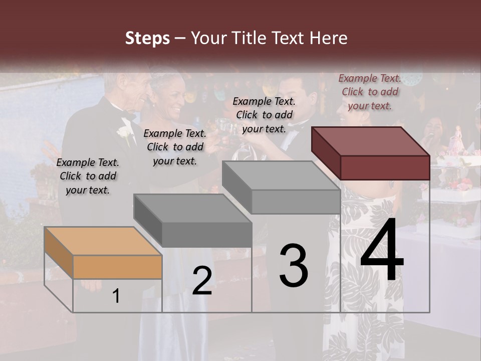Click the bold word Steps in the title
click(147, 38)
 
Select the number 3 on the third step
click(294, 265)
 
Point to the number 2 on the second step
click(202, 281)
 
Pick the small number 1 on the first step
click(116, 296)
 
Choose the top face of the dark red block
click(371, 141)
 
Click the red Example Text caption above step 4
click(370, 92)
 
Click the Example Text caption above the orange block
click(88, 176)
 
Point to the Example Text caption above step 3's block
click(264, 115)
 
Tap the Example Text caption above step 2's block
click(175, 147)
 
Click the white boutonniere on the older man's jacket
click(124, 133)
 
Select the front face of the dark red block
click(385, 167)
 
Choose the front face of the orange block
click(117, 267)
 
